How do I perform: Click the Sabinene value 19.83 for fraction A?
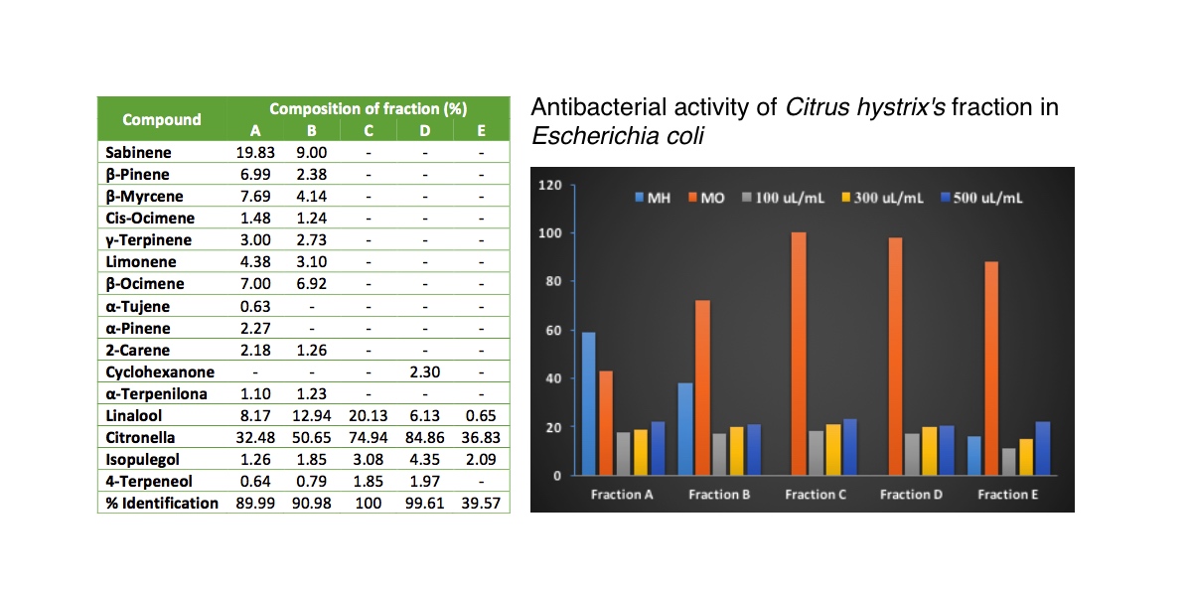(x=255, y=152)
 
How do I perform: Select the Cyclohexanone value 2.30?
(x=424, y=372)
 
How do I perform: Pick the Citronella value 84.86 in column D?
(x=424, y=438)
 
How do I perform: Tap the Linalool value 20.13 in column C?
(x=368, y=416)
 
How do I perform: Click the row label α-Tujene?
(x=137, y=306)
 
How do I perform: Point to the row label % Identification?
(x=162, y=503)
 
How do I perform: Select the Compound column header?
(x=162, y=119)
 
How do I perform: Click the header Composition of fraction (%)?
(x=368, y=108)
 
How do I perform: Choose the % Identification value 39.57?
(x=481, y=503)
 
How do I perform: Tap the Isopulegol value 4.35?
(x=424, y=460)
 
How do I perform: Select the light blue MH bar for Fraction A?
(x=588, y=404)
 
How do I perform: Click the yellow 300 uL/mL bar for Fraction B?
(x=736, y=451)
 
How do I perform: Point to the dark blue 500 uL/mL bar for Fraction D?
(x=947, y=451)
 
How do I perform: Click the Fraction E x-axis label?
(x=1008, y=495)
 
